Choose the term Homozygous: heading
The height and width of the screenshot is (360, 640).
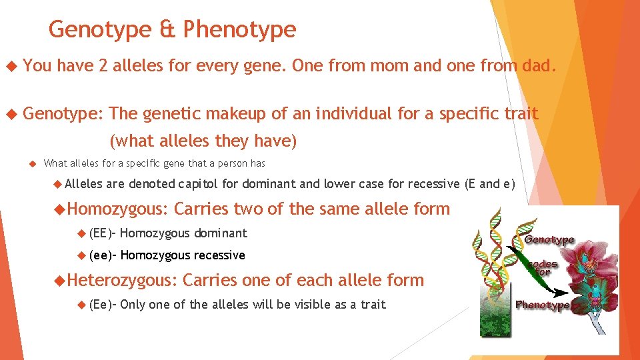coord(118,209)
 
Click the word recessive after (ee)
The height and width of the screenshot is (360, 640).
coord(219,255)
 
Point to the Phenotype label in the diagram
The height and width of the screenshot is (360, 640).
coord(542,305)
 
